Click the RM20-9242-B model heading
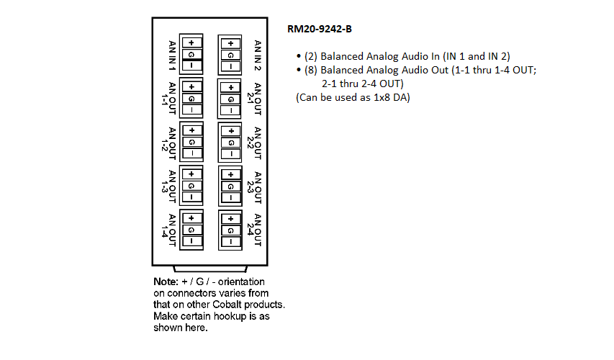point(320,29)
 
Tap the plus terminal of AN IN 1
point(191,42)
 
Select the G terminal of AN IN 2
point(230,55)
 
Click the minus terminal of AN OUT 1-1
point(191,109)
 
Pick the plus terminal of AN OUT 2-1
point(230,87)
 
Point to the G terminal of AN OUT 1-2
point(192,142)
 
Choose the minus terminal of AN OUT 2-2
point(231,154)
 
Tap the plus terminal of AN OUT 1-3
point(191,174)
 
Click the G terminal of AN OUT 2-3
point(230,186)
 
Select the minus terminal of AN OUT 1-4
point(191,241)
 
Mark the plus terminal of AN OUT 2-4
point(230,219)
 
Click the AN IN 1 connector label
point(172,55)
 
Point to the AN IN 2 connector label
point(257,55)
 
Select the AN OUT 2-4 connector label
point(254,230)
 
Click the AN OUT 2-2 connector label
point(254,143)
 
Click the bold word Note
point(166,282)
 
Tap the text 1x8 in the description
point(382,97)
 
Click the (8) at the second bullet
point(311,70)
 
